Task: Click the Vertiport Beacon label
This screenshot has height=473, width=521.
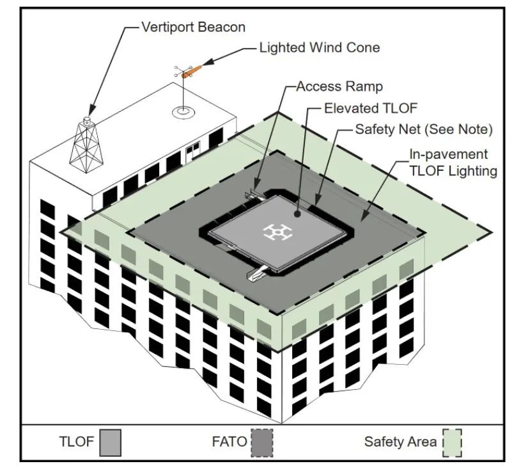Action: pos(193,28)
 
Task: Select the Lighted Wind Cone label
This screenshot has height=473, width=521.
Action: pos(319,47)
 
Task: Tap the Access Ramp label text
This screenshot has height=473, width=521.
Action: pos(339,86)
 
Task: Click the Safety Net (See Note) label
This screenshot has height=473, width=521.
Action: pos(424,129)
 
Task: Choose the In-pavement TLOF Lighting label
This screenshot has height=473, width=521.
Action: pos(453,163)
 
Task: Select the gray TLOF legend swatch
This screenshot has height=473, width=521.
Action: pos(109,442)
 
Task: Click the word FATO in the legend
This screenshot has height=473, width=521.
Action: pos(229,442)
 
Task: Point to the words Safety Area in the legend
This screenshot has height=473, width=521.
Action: pos(401,442)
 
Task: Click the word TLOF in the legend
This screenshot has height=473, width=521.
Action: pos(77,442)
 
